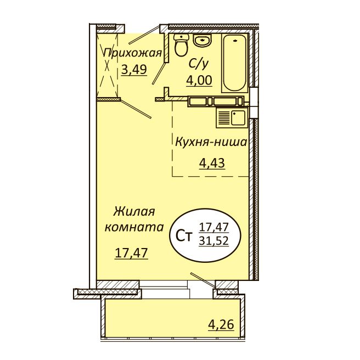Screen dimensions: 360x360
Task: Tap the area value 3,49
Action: tap(134, 70)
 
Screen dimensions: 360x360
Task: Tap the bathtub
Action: tap(235, 64)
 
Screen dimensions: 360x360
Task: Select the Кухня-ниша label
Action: tap(211, 142)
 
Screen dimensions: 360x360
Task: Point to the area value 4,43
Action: tap(211, 162)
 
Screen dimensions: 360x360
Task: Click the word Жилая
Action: tap(135, 211)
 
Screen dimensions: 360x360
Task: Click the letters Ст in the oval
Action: tap(183, 237)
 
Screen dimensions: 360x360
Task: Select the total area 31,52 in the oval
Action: tap(213, 241)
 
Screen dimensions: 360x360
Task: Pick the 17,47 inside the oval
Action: tap(213, 226)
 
